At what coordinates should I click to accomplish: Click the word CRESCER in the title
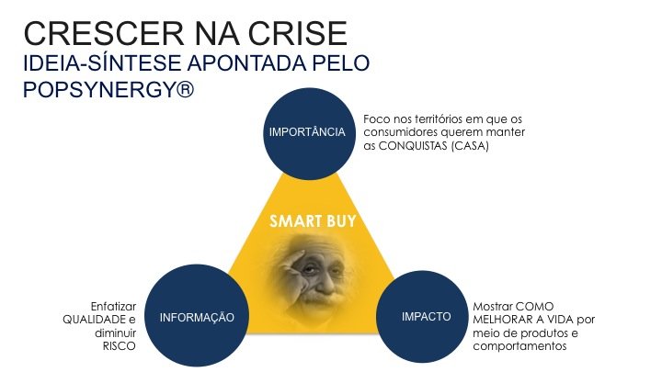104,33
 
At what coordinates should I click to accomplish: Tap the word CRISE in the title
297,33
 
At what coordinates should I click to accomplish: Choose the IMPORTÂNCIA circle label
307,132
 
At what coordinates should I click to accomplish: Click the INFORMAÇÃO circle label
197,317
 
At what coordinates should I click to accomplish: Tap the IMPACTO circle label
426,316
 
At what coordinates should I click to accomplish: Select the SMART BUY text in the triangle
313,221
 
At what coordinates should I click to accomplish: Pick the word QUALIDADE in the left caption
93,320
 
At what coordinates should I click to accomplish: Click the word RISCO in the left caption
119,346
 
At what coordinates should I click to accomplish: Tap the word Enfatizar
113,306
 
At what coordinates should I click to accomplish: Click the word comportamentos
519,346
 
